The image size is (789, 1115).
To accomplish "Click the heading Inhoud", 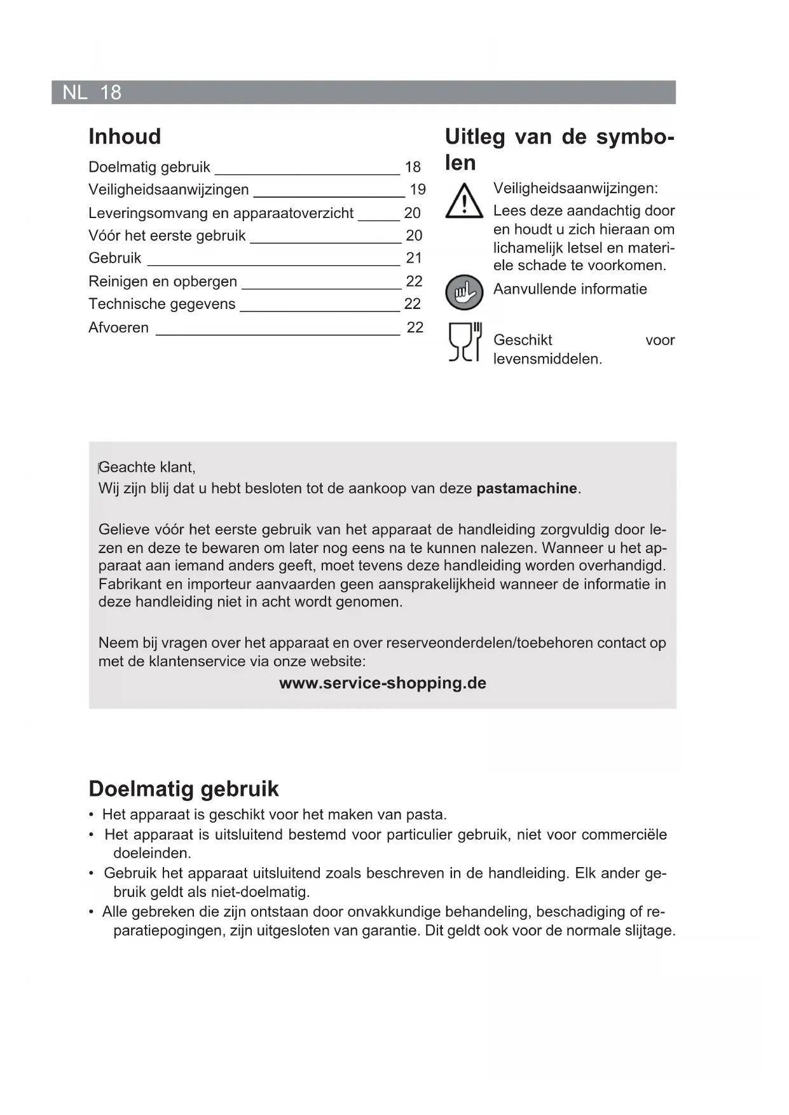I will point(125,137).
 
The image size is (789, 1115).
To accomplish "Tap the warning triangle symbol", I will point(464,202).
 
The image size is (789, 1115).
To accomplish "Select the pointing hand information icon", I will point(464,292).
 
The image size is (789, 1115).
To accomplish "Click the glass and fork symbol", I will point(465,343).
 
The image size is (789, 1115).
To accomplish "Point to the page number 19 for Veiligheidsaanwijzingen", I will point(418,189).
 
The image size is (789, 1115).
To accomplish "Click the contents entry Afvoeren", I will point(118,328).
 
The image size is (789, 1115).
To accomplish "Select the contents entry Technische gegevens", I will point(161,304).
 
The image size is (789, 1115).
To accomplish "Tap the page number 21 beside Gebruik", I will point(414,258).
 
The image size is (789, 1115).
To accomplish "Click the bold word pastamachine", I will point(527,489).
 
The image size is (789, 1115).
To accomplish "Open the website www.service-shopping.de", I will point(383,683).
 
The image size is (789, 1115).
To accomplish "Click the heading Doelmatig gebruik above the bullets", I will point(184,789).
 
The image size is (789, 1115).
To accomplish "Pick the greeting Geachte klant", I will point(147,468).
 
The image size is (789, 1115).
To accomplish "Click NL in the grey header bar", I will point(75,93).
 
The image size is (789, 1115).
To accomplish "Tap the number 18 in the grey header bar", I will point(111,93).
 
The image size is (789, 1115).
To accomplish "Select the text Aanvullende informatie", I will point(570,289).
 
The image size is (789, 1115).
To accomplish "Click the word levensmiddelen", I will point(546,359).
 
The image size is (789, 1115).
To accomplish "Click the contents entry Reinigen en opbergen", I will point(163,282).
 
